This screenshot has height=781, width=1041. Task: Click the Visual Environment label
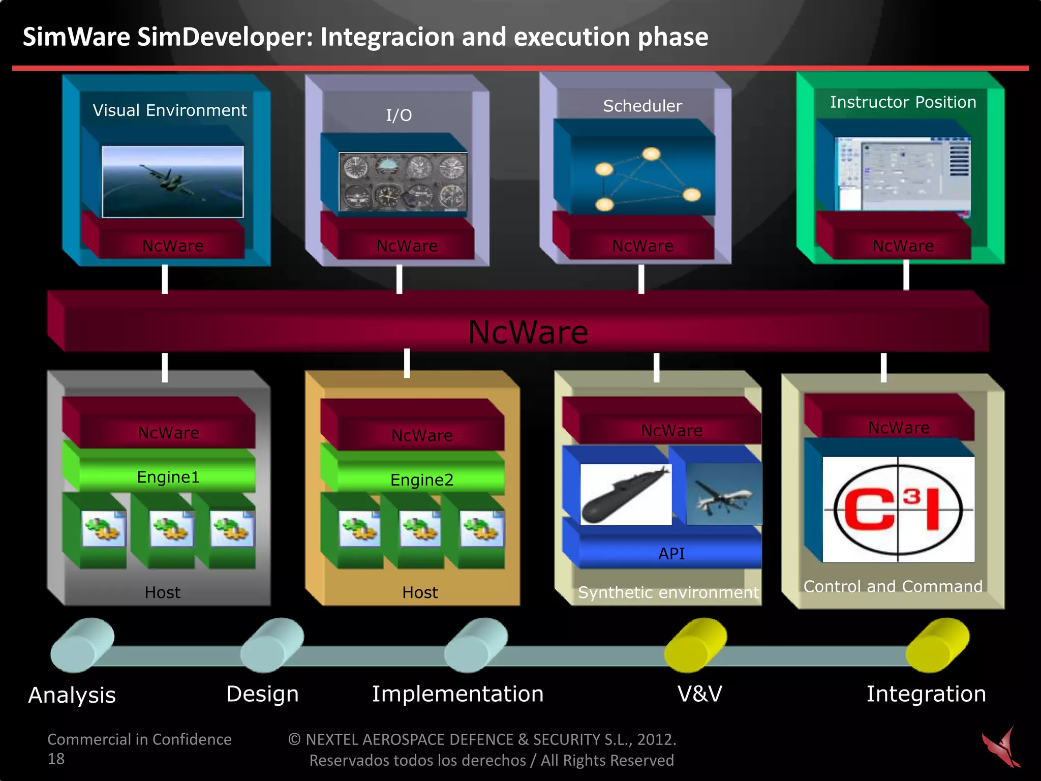(x=169, y=110)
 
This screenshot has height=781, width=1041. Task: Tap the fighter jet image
(x=173, y=182)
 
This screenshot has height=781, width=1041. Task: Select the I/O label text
(x=399, y=115)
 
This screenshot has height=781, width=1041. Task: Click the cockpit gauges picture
(x=403, y=182)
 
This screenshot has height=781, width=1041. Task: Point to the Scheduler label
(x=642, y=106)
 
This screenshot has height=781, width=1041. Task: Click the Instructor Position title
(x=903, y=102)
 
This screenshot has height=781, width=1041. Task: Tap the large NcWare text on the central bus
(x=528, y=333)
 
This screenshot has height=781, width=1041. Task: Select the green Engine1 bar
(x=168, y=477)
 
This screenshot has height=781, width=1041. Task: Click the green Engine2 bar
(x=421, y=479)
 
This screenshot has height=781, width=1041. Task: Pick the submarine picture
(x=626, y=494)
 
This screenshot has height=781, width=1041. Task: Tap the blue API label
(x=671, y=554)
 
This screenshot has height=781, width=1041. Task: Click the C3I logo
(x=898, y=509)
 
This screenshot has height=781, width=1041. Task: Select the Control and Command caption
(x=893, y=586)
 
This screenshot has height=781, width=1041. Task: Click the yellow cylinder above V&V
(x=695, y=644)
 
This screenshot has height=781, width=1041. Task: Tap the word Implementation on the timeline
(x=457, y=694)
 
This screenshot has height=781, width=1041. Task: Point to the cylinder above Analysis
(x=82, y=645)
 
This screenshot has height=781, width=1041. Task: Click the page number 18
(x=56, y=759)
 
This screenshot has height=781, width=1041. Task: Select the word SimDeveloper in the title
(x=225, y=37)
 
